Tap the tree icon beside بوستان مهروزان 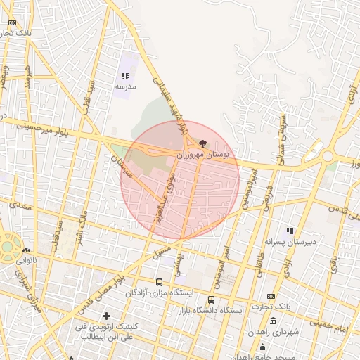click(203, 143)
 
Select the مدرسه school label click(126, 86)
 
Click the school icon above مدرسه click(125, 76)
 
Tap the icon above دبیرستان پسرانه click(289, 231)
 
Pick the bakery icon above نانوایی click(26, 250)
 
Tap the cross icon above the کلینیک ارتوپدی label click(106, 316)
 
